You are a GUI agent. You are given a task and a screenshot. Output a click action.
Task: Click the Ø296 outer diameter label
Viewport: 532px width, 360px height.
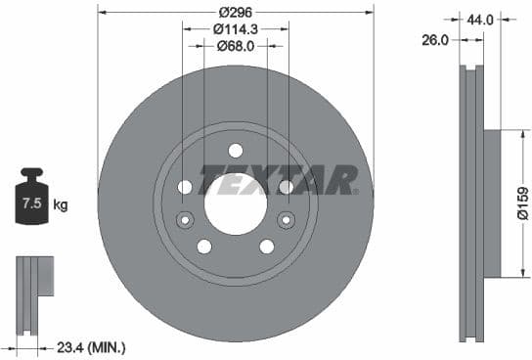point(236,12)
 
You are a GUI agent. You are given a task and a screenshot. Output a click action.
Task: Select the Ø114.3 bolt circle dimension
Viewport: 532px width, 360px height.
point(236,28)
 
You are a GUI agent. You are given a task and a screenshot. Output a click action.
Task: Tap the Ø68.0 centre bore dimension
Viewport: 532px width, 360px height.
point(236,45)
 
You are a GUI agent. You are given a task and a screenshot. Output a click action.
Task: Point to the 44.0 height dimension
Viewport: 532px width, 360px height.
point(480,19)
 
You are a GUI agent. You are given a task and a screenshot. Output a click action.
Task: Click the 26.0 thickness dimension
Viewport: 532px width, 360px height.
point(436,40)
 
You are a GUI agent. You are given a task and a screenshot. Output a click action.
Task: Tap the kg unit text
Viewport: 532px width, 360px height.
point(61,204)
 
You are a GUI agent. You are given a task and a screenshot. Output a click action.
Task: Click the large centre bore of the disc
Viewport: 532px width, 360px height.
point(236,203)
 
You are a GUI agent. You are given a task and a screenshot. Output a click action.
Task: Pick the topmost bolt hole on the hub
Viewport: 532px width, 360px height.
point(236,150)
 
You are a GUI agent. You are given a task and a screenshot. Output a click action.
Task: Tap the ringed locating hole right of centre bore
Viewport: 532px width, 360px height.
point(287,220)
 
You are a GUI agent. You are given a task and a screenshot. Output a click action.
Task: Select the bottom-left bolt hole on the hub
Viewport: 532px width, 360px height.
point(204,247)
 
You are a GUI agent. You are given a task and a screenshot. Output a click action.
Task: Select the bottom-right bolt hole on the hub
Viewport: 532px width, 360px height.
point(267,247)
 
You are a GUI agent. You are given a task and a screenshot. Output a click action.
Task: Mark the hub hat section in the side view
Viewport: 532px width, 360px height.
point(491,203)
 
